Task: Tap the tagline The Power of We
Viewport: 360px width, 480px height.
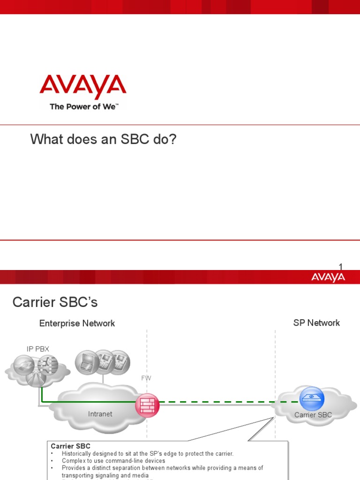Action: pyautogui.click(x=84, y=107)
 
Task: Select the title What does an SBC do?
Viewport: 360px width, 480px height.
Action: pyautogui.click(x=103, y=139)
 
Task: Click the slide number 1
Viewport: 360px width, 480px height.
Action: pyautogui.click(x=341, y=267)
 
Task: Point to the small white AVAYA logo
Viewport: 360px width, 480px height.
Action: pyautogui.click(x=328, y=277)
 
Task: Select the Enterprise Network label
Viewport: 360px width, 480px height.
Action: pyautogui.click(x=77, y=323)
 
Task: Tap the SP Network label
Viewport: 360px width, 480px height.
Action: pyautogui.click(x=316, y=323)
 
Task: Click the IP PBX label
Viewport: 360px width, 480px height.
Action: pyautogui.click(x=37, y=349)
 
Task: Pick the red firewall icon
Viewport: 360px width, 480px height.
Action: pyautogui.click(x=147, y=405)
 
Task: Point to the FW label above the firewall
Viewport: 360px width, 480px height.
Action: pyautogui.click(x=146, y=378)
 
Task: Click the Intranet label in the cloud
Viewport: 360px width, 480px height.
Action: pyautogui.click(x=100, y=414)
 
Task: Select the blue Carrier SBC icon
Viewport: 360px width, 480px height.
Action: pyautogui.click(x=312, y=398)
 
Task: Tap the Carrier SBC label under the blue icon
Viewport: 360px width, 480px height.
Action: pyautogui.click(x=313, y=415)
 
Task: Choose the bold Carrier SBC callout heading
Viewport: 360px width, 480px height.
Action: pyautogui.click(x=70, y=446)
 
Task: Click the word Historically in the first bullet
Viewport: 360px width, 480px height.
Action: pyautogui.click(x=77, y=454)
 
